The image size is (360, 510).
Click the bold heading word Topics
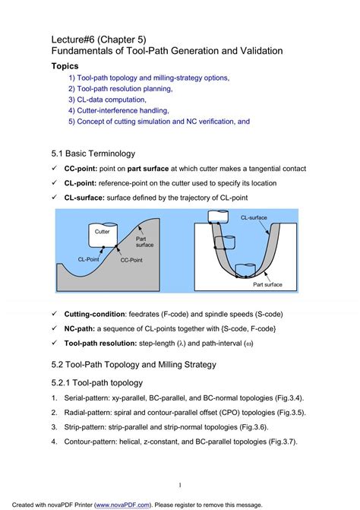tap(65, 66)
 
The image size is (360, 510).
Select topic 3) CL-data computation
tap(107, 100)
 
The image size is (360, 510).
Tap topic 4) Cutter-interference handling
tap(118, 110)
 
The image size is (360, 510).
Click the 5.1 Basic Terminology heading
tap(93, 154)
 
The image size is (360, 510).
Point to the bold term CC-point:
tap(81, 169)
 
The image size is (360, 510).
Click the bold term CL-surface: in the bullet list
tap(84, 198)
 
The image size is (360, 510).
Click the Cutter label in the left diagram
tap(102, 232)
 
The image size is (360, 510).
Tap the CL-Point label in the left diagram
tap(88, 259)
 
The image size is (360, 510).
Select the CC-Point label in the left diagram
tap(131, 260)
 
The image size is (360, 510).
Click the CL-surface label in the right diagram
tap(254, 217)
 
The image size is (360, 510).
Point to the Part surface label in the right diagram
tap(267, 284)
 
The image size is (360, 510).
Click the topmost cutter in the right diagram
tap(217, 217)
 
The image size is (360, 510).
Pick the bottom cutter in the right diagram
tap(245, 271)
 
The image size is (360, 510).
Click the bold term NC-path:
tap(79, 329)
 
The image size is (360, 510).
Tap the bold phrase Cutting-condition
tap(94, 314)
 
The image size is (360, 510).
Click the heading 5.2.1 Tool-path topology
tap(96, 383)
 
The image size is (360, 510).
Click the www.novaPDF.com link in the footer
tap(122, 505)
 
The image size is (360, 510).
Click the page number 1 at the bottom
tap(180, 485)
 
